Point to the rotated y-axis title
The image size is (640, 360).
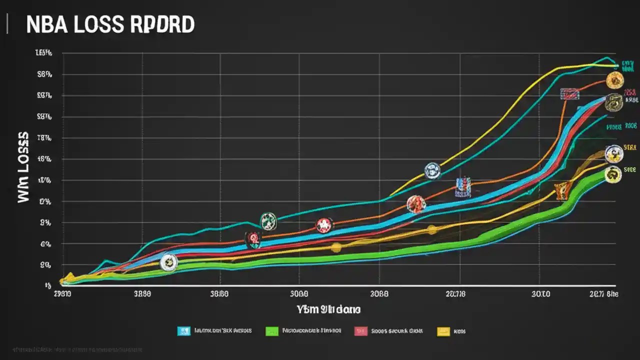coord(23,167)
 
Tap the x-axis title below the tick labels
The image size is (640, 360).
coord(328,309)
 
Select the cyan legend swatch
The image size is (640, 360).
coord(184,331)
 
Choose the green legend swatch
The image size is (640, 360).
coord(271,331)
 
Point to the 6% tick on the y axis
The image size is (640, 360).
coord(45,244)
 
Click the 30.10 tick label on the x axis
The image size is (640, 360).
coord(541,294)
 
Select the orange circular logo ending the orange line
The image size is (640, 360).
coord(614,80)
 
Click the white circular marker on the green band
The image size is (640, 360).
coord(168,262)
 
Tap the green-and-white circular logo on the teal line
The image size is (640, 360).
coord(268,221)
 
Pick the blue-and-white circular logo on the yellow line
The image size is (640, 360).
coord(432,171)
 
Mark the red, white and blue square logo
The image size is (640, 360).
coord(463,186)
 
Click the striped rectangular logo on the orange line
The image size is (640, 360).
coord(570,93)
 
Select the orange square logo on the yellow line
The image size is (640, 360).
coord(562,190)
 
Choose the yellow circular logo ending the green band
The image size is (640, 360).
coord(613,174)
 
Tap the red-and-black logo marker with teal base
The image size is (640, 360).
coord(253,240)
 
